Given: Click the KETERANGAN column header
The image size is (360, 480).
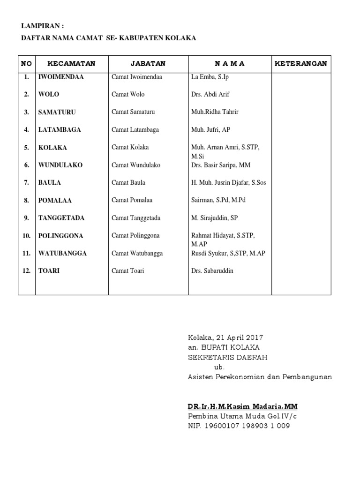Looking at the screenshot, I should (300, 64).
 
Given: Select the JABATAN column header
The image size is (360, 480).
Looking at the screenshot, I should (148, 64).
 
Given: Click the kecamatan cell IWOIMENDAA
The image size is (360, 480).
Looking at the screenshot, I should (61, 77).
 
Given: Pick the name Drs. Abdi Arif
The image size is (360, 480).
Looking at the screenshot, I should (210, 94).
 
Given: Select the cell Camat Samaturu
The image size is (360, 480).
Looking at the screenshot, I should (133, 112).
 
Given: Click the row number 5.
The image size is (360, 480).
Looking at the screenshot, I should (27, 147).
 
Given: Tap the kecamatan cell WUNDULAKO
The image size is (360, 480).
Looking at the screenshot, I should (60, 165).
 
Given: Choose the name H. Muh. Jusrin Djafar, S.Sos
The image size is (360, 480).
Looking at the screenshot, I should (229, 182).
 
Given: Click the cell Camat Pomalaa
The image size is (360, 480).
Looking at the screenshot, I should (132, 200).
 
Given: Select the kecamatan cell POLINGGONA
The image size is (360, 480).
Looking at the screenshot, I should (61, 235).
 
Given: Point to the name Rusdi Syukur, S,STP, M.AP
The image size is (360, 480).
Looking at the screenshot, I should (228, 253).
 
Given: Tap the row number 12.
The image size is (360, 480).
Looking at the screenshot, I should (27, 271).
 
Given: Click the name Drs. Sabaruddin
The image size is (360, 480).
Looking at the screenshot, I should (212, 271).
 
